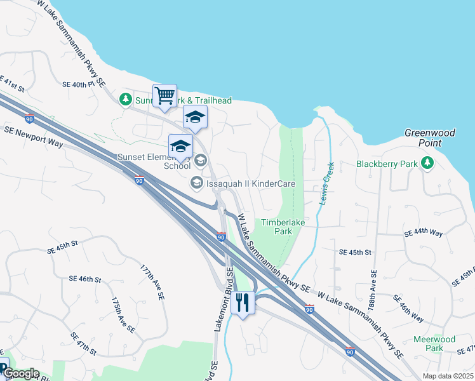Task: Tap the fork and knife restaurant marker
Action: tap(242, 302)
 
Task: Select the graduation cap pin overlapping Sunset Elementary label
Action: tap(180, 147)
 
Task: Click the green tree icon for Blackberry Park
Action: tap(427, 164)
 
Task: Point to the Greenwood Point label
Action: tap(430, 138)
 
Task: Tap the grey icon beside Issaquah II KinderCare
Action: tap(196, 184)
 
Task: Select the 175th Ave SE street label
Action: tap(123, 315)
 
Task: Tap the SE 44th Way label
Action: tap(424, 233)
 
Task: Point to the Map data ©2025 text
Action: tap(447, 376)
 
